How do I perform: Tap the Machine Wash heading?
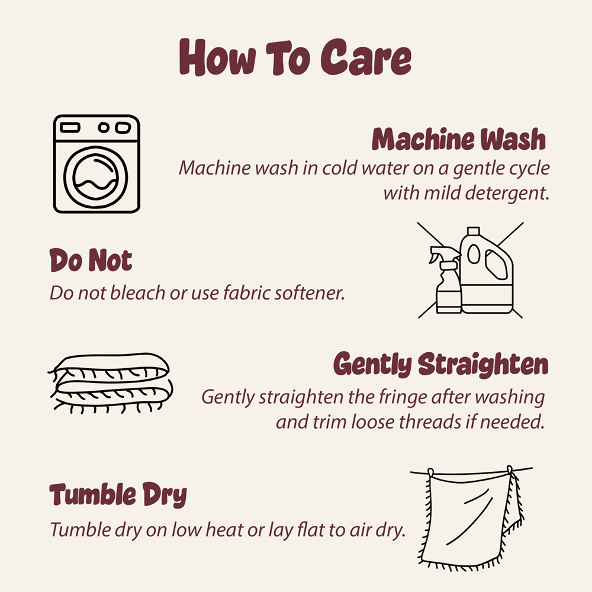459,139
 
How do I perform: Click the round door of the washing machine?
95,178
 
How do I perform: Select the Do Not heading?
91,260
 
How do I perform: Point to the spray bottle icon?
446,280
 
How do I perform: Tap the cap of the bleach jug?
474,231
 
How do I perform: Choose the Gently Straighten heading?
440,364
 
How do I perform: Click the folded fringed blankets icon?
110,383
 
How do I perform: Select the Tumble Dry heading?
118,494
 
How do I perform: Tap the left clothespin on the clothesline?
431,472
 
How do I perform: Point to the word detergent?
507,194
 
